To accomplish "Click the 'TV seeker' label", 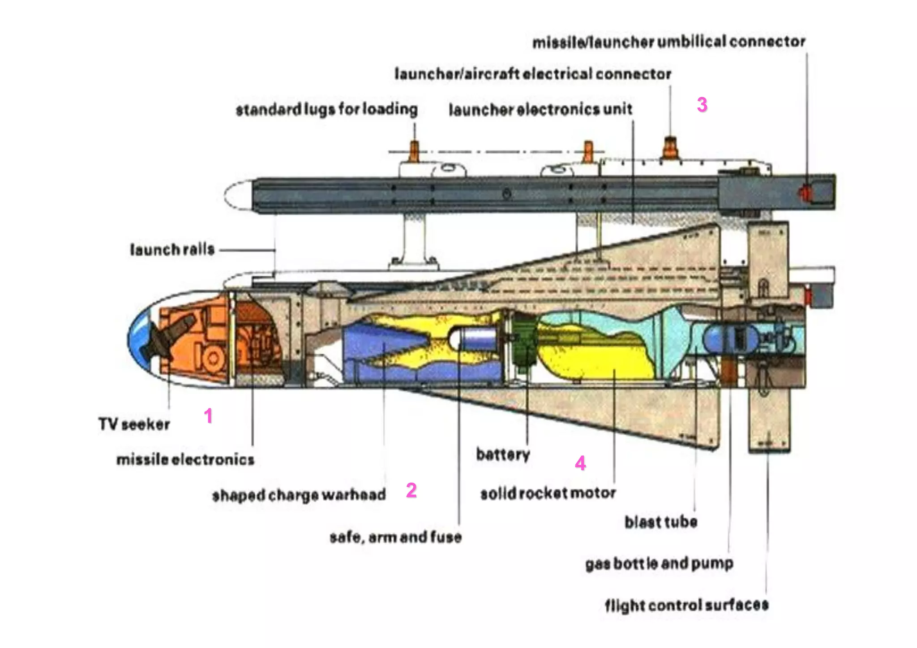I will click(x=134, y=424).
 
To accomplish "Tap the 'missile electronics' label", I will click(x=185, y=459).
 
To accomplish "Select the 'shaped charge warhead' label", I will click(x=299, y=494).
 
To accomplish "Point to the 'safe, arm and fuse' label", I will click(x=395, y=536).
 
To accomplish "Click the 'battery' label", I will click(x=502, y=454).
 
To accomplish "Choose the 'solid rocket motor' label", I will click(x=548, y=493).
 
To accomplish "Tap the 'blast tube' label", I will click(x=660, y=522).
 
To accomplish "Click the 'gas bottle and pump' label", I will click(x=659, y=563).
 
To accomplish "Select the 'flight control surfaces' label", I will click(x=686, y=605).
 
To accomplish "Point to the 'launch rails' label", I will click(x=172, y=249).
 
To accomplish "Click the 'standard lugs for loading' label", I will click(x=326, y=109).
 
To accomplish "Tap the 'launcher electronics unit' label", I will click(x=540, y=109).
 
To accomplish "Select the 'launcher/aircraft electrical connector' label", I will click(x=532, y=73).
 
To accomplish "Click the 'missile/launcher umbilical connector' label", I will click(x=668, y=42).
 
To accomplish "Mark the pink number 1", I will click(x=208, y=416).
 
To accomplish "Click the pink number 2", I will click(x=411, y=490).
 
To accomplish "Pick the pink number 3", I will click(x=702, y=105).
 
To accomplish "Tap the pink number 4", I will click(x=580, y=463).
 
